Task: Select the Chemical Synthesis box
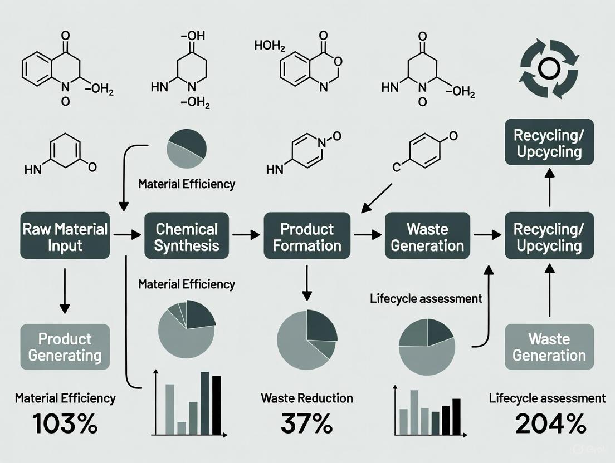click(186, 236)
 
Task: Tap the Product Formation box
click(307, 236)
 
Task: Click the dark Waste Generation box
click(427, 236)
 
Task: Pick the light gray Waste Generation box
click(549, 347)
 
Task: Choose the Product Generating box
click(65, 347)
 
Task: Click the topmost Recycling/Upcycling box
click(549, 143)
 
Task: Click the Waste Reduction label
click(306, 398)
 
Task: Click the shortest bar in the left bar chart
click(181, 427)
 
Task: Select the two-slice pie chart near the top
click(187, 149)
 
